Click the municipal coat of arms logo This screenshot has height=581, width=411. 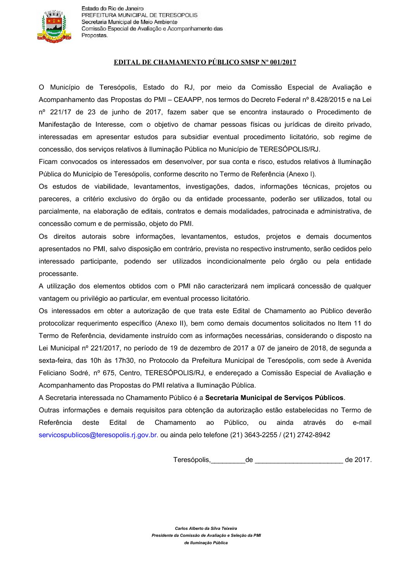click(x=54, y=26)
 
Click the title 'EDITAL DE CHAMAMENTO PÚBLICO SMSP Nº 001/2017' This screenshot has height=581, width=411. click(x=205, y=62)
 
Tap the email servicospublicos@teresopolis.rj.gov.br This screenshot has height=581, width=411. click(x=98, y=435)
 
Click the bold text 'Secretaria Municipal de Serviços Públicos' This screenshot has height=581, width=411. click(x=274, y=398)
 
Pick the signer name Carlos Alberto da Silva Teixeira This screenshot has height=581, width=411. click(x=206, y=528)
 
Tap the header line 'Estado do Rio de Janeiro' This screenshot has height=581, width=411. click(x=112, y=9)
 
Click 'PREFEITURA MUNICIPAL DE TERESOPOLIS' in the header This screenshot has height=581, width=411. click(x=139, y=15)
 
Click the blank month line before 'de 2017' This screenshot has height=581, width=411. click(x=299, y=460)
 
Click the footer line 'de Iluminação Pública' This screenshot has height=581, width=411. click(x=206, y=543)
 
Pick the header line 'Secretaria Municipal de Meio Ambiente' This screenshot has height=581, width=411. click(x=129, y=22)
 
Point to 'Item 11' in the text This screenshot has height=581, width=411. click(x=350, y=323)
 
